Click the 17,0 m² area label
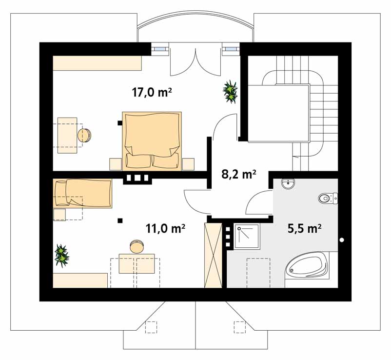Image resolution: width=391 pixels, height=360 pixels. pyautogui.click(x=152, y=92)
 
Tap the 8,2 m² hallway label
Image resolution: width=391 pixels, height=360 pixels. pyautogui.click(x=239, y=174)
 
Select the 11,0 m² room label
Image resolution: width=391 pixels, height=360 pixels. pyautogui.click(x=165, y=228)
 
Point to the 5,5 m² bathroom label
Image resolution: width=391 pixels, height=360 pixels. pyautogui.click(x=304, y=228)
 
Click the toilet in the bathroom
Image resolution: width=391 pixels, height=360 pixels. pyautogui.click(x=328, y=198)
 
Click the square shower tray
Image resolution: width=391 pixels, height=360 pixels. pyautogui.click(x=247, y=236)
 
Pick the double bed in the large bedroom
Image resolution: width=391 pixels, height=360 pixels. pyautogui.click(x=152, y=141)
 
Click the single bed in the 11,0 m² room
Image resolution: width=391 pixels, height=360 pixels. pyautogui.click(x=82, y=193)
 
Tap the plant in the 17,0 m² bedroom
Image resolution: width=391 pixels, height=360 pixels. pyautogui.click(x=230, y=92)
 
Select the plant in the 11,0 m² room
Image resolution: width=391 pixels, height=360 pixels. pyautogui.click(x=61, y=256)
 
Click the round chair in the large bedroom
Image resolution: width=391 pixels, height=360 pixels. pyautogui.click(x=84, y=136)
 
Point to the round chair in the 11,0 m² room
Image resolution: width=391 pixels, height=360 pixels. pyautogui.click(x=137, y=246)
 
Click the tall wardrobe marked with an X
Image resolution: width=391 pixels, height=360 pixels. pyautogui.click(x=213, y=255)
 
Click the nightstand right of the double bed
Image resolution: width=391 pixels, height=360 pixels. pyautogui.click(x=188, y=164)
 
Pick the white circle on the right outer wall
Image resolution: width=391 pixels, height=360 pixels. pyautogui.click(x=342, y=240)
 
